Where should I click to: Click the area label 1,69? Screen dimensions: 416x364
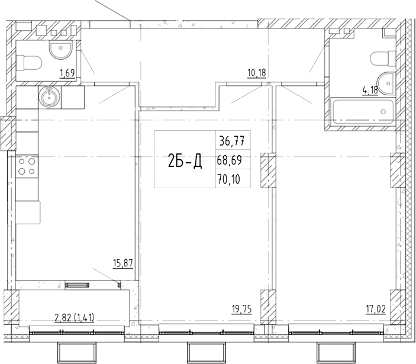[x=67, y=73]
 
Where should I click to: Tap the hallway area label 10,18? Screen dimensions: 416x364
[x=257, y=73]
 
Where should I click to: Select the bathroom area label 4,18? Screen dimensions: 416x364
[x=370, y=90]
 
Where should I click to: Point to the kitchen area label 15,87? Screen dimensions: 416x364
[x=122, y=264]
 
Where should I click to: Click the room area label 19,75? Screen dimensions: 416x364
[x=241, y=310]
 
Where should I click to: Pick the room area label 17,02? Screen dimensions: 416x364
[x=376, y=310]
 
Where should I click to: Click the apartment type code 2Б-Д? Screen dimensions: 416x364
[x=185, y=161]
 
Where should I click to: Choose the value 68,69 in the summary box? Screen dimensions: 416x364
[x=229, y=160]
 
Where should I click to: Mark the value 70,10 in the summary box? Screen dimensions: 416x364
[x=229, y=179]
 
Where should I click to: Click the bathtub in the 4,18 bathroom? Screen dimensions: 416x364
[x=362, y=111]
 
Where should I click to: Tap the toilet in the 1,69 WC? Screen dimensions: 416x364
[x=29, y=63]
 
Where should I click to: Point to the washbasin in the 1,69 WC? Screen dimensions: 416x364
[x=60, y=50]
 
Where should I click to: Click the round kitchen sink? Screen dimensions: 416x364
[x=50, y=97]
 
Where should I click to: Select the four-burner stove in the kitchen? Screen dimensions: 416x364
[x=27, y=167]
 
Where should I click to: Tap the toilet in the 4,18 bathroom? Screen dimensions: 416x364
[x=383, y=59]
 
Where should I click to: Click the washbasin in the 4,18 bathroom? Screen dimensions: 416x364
[x=386, y=83]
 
